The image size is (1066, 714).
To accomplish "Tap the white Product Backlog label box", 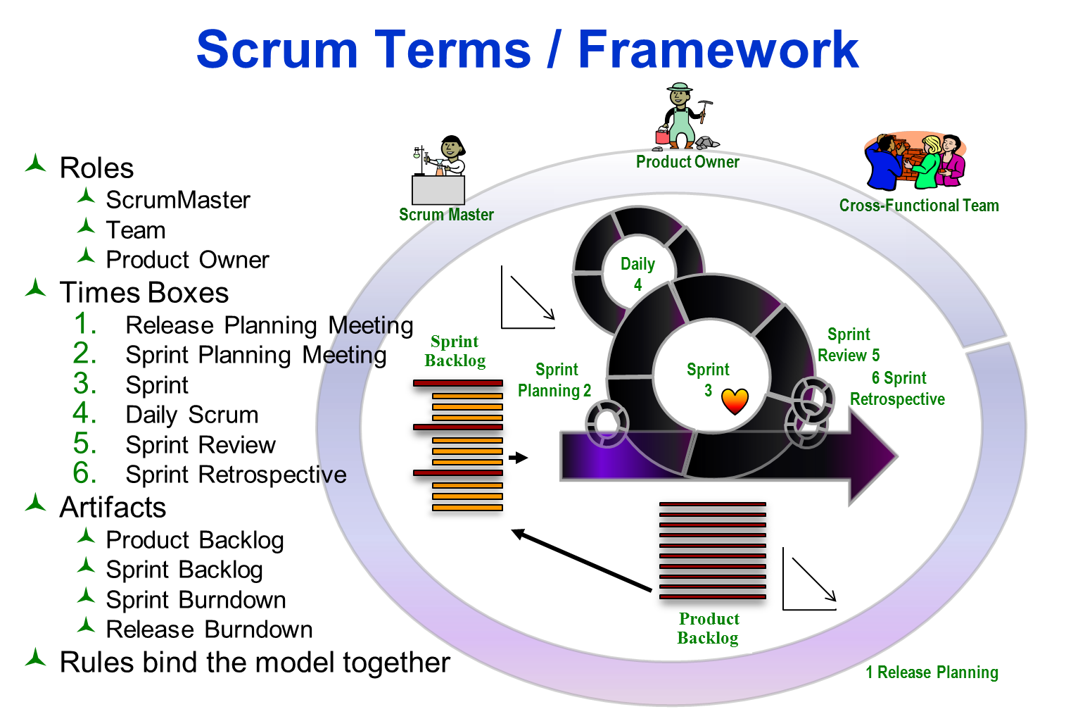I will [709, 629].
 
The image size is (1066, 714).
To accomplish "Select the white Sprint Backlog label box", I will [455, 351].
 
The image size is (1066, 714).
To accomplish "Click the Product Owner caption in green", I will [687, 162].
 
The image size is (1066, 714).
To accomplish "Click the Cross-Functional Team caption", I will [919, 206].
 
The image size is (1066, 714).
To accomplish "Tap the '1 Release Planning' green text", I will [932, 672].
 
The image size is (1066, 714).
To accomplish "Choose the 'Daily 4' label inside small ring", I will [637, 274].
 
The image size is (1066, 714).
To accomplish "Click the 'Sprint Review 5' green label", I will [849, 345].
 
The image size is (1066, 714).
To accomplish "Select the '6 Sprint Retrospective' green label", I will [898, 389].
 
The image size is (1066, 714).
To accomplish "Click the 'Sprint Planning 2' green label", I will [554, 380].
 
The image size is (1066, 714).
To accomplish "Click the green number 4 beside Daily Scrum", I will [84, 413].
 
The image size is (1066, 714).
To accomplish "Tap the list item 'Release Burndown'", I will [209, 630].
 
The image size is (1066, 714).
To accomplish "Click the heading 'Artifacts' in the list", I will [113, 508].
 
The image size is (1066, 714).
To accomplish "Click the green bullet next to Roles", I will [35, 164].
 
